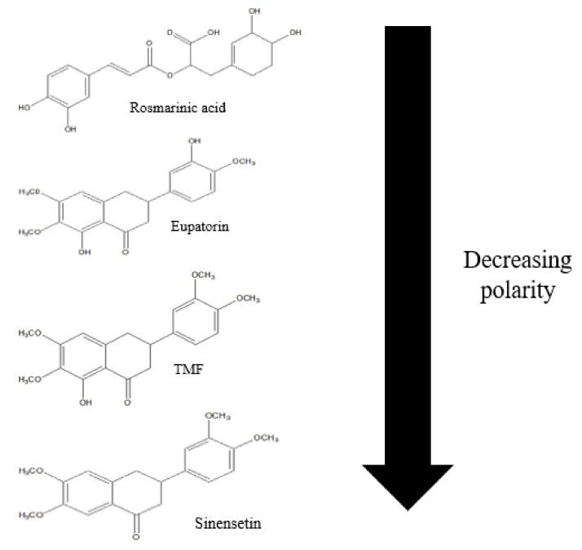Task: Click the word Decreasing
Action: click(518, 262)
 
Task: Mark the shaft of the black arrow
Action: click(408, 244)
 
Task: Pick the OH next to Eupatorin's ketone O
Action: click(86, 253)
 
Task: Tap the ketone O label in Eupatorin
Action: click(126, 253)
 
